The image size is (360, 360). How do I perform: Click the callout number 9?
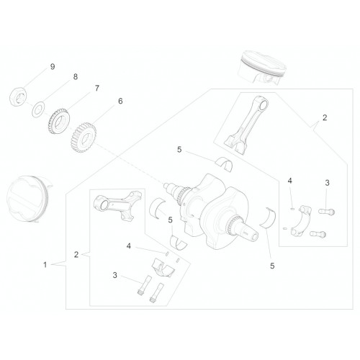click(x=53, y=66)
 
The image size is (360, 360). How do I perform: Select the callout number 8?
click(x=76, y=77)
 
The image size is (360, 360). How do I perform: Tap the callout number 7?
click(x=96, y=88)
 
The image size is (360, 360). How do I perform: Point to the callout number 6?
click(x=120, y=101)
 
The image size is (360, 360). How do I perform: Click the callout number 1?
click(x=45, y=265)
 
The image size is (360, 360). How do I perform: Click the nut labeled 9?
click(x=18, y=96)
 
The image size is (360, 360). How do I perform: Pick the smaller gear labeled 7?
click(x=59, y=121)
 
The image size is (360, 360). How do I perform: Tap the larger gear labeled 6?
click(x=84, y=138)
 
